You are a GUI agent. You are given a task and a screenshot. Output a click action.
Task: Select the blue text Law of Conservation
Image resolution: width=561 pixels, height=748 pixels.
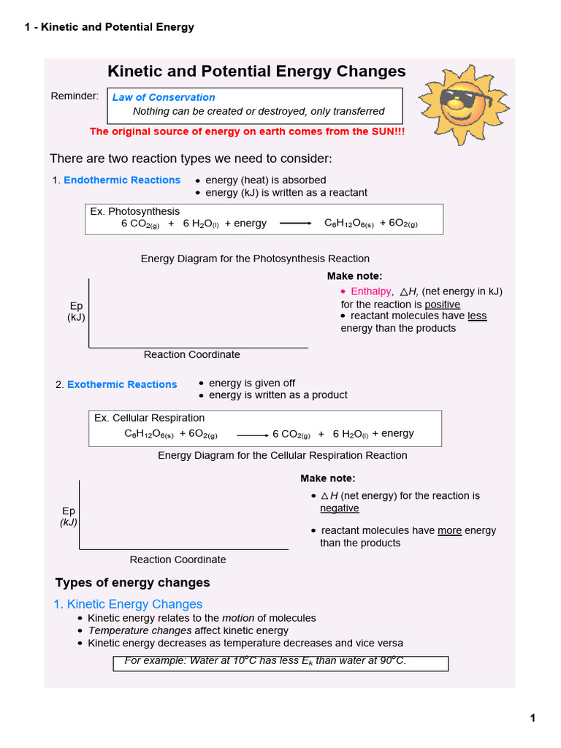point(164,97)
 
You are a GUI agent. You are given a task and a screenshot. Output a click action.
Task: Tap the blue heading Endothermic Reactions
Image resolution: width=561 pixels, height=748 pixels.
point(122,180)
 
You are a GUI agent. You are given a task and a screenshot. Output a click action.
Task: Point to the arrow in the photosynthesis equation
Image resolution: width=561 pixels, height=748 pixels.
point(296,224)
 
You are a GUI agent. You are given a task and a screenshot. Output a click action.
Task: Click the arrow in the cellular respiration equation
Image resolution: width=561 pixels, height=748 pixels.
point(253,435)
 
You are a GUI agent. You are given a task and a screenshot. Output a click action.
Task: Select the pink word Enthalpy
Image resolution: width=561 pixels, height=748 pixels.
point(371,291)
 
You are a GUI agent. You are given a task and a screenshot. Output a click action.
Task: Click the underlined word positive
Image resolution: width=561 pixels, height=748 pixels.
point(443,304)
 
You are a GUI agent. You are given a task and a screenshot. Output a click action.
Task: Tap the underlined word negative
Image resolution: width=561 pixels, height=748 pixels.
point(340,508)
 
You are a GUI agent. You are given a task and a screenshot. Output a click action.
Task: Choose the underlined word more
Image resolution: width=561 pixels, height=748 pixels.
point(449,531)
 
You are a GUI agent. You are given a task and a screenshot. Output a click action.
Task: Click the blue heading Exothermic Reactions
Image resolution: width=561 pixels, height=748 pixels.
point(122,384)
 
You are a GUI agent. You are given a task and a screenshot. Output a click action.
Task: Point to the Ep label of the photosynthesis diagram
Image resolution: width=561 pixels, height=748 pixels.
point(76,305)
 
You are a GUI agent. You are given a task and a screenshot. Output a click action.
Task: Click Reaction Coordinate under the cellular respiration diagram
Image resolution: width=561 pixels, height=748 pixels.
point(178,560)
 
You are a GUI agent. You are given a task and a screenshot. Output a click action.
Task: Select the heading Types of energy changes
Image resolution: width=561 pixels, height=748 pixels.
point(132,582)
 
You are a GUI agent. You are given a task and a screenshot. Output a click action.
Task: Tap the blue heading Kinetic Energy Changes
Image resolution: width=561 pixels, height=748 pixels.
point(134,604)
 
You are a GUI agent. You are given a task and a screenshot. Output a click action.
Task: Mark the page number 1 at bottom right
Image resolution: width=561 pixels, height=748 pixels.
point(533,718)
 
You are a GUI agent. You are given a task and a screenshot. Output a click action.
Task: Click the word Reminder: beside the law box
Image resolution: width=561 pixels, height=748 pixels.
point(75,96)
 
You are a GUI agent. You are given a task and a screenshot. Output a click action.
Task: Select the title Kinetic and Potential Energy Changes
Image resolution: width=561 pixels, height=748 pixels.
point(256,72)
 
